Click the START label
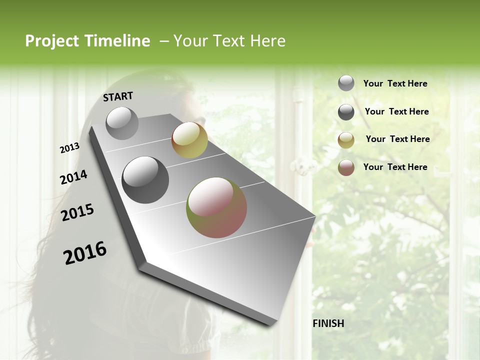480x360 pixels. point(118,96)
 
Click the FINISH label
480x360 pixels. point(328,323)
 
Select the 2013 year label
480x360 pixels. point(70,147)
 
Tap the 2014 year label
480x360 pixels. point(73,177)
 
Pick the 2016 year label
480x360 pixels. point(85,252)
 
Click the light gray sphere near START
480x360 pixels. point(122,123)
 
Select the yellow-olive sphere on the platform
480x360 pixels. point(189,140)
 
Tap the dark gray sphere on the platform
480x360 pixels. point(145,179)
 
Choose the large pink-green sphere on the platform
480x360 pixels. point(216,207)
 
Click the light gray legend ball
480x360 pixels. point(346,83)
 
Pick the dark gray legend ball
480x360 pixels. point(346,112)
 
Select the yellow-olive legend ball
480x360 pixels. point(346,140)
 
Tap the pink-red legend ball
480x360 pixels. point(346,167)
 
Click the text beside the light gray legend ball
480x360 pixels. point(395,83)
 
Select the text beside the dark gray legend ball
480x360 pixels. point(396,111)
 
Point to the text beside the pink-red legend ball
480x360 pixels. point(395,167)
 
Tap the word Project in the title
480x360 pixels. point(51,41)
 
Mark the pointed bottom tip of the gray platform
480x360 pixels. point(272,324)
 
